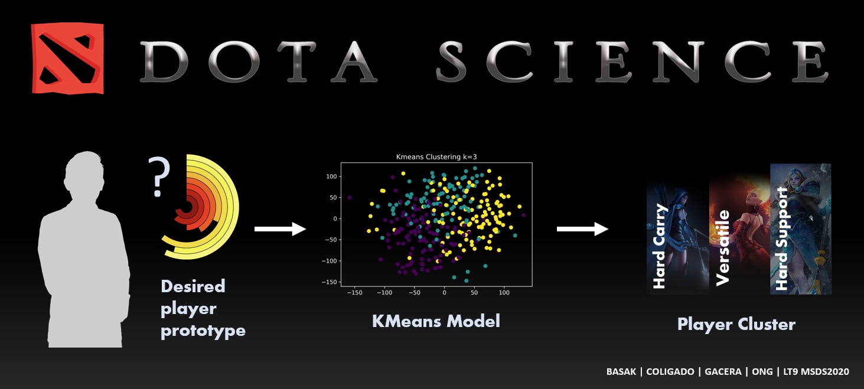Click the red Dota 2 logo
pyautogui.click(x=67, y=58)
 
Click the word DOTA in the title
pyautogui.click(x=259, y=61)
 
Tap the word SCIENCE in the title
pyautogui.click(x=632, y=61)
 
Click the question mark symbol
pyautogui.click(x=158, y=176)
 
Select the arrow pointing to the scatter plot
pyautogui.click(x=280, y=229)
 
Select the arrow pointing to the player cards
pyautogui.click(x=582, y=229)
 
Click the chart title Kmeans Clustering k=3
pyautogui.click(x=436, y=157)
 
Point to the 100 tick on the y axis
pyautogui.click(x=331, y=176)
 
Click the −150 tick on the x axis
pyautogui.click(x=354, y=293)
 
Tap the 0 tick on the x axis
pyautogui.click(x=444, y=293)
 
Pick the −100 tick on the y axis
pyautogui.click(x=329, y=261)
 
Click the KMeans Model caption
pyautogui.click(x=436, y=321)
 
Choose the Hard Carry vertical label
pyautogui.click(x=659, y=246)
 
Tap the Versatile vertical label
pyautogui.click(x=722, y=248)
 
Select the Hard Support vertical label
pyautogui.click(x=781, y=238)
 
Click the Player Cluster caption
pyautogui.click(x=736, y=325)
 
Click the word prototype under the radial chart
pyautogui.click(x=203, y=331)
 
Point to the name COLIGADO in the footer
pyautogui.click(x=670, y=372)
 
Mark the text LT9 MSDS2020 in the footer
pyautogui.click(x=816, y=372)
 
